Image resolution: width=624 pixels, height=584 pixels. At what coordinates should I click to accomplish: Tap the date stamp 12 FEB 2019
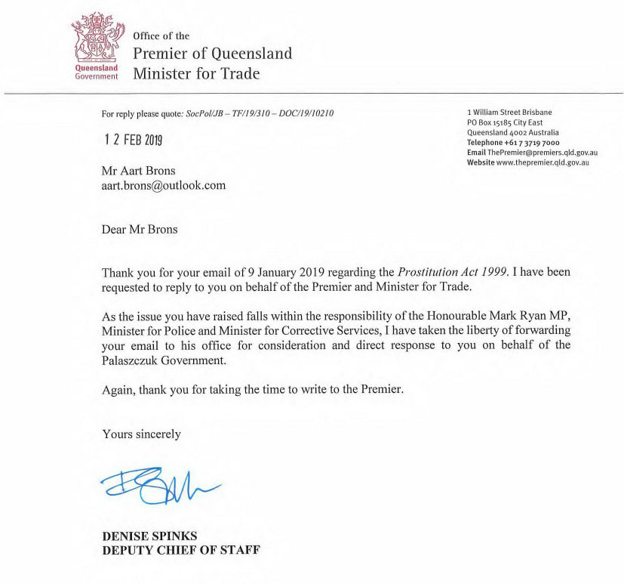(133, 140)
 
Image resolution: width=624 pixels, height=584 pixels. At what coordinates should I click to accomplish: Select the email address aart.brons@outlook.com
(164, 185)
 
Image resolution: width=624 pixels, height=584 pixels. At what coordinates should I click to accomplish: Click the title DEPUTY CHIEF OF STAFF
(181, 550)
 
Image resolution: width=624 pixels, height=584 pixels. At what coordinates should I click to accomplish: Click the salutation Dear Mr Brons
(140, 229)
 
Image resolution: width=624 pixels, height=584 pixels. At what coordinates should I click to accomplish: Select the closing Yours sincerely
(141, 434)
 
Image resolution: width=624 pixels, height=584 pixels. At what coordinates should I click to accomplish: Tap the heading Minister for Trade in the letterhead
(196, 73)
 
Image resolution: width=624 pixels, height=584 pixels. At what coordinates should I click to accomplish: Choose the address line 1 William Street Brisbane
(509, 113)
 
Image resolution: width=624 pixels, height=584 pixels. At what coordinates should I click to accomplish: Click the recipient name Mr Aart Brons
(140, 171)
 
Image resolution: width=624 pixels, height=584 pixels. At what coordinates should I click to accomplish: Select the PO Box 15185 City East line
(505, 123)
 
